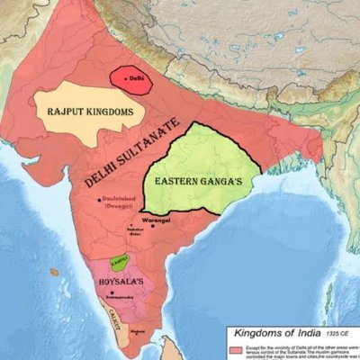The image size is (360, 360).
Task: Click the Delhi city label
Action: [x=137, y=79]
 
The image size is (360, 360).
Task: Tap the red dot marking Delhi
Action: [x=126, y=79]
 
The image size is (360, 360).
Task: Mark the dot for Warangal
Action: [x=153, y=224]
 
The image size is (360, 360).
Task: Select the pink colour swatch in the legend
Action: [x=237, y=347]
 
